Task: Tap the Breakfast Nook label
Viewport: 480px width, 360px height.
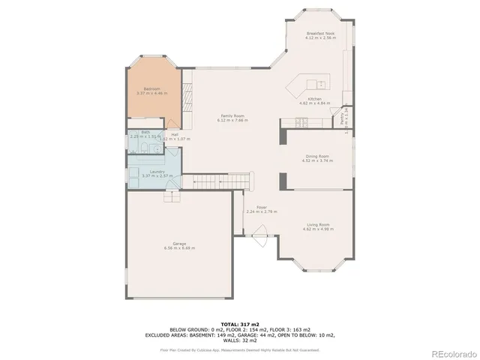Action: click(321, 33)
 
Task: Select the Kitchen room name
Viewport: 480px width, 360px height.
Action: click(315, 98)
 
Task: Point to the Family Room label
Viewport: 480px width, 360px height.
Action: click(231, 115)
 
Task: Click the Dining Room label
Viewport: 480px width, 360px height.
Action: click(316, 156)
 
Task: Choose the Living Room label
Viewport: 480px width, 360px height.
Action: click(316, 224)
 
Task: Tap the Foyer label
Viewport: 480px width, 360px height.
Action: click(262, 207)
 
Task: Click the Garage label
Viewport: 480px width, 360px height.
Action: click(179, 244)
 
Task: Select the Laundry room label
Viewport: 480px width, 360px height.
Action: click(157, 172)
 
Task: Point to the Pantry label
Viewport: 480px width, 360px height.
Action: click(341, 118)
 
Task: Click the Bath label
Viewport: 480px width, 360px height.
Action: click(145, 132)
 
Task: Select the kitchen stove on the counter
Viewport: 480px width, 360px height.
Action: click(292, 122)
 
